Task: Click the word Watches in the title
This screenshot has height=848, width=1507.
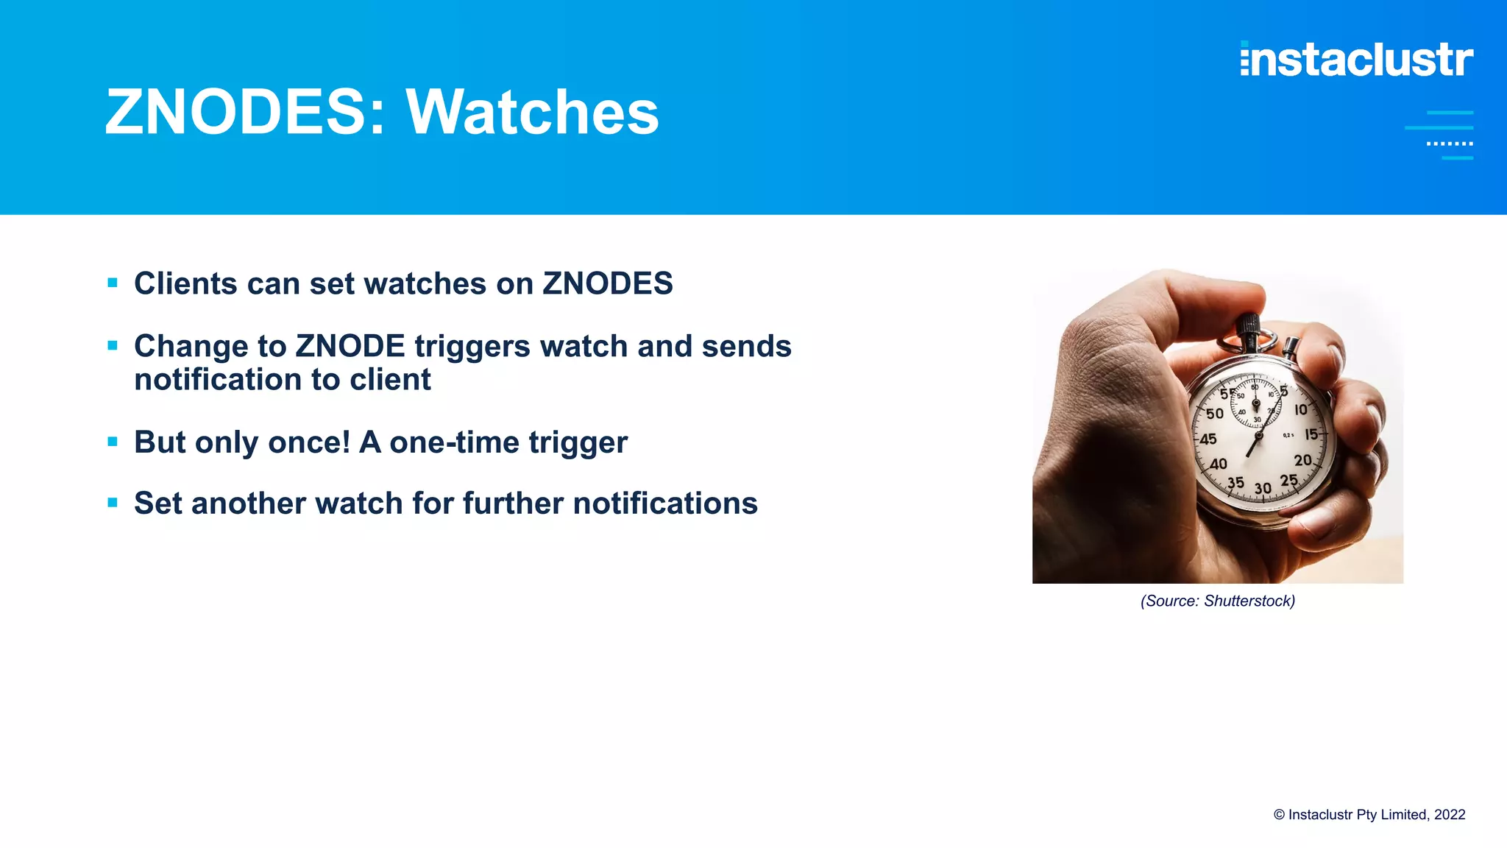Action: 532,113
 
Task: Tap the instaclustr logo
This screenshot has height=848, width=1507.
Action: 1356,59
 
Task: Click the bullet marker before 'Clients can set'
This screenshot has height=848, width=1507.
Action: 113,283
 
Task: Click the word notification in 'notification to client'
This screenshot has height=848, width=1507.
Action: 218,380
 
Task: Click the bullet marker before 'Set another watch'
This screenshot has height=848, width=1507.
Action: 113,503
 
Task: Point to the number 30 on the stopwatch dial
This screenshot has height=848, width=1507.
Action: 1263,488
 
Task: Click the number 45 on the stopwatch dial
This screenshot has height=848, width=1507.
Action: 1208,439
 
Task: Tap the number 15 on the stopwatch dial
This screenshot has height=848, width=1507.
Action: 1311,434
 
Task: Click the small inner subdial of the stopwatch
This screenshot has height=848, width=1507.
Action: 1256,403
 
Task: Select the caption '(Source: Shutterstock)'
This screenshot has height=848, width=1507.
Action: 1217,601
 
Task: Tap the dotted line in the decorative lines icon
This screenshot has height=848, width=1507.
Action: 1449,144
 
